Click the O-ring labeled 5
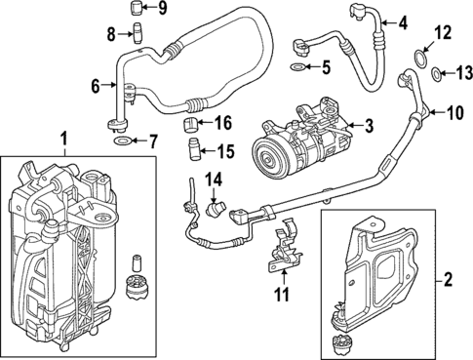pos(297,67)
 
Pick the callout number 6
pos(97,87)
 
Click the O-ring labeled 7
pos(122,142)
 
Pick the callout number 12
pos(442,33)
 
